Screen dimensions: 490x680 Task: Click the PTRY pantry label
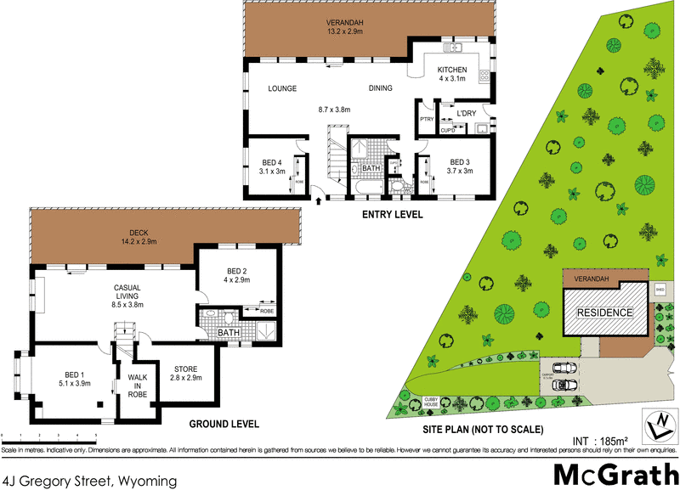425,120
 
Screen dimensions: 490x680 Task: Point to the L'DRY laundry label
466,113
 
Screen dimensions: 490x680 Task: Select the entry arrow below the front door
319,201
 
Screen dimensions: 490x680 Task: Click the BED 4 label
271,162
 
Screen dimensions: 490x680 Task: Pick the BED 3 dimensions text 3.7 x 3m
460,171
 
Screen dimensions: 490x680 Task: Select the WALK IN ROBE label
138,386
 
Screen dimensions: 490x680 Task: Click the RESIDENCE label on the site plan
605,313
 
